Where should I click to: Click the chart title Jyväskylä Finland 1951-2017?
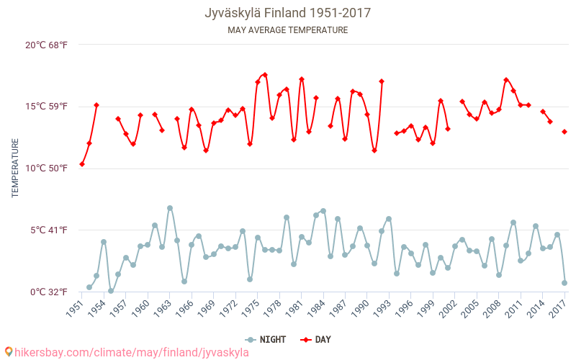click(x=287, y=13)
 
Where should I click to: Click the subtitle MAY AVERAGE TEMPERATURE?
click(x=287, y=30)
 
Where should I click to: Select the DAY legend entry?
click(x=317, y=339)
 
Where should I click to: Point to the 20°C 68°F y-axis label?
click(x=47, y=45)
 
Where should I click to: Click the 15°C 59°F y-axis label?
click(x=47, y=107)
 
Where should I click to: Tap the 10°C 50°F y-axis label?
click(x=47, y=168)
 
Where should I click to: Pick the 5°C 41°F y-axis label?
click(x=48, y=230)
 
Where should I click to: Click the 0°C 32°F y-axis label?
click(x=48, y=292)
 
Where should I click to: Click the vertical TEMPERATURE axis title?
click(x=15, y=168)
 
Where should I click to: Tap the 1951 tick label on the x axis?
click(x=74, y=309)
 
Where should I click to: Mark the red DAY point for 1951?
click(x=82, y=164)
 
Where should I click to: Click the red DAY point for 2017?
click(x=564, y=132)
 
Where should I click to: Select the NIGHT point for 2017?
click(x=564, y=283)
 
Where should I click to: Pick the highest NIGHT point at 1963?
click(x=170, y=208)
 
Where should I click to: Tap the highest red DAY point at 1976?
click(x=265, y=75)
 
